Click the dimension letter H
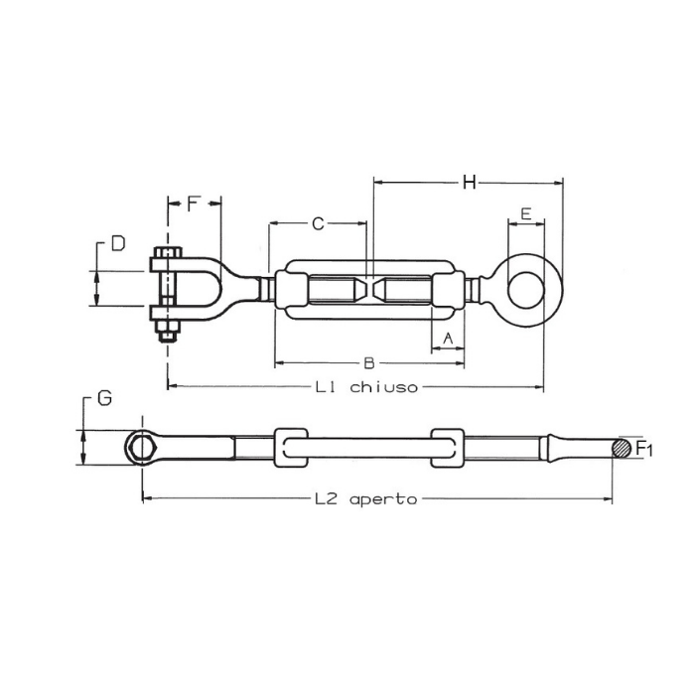[x=470, y=182]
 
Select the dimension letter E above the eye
[x=525, y=214]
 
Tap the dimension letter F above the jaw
[x=195, y=205]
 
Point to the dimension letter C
[x=318, y=224]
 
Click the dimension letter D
[x=118, y=243]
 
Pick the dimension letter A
[x=448, y=339]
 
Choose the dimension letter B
[x=367, y=361]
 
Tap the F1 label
[x=644, y=449]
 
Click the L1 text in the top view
[x=325, y=388]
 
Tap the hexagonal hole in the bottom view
[x=142, y=447]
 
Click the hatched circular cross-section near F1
[x=622, y=448]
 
